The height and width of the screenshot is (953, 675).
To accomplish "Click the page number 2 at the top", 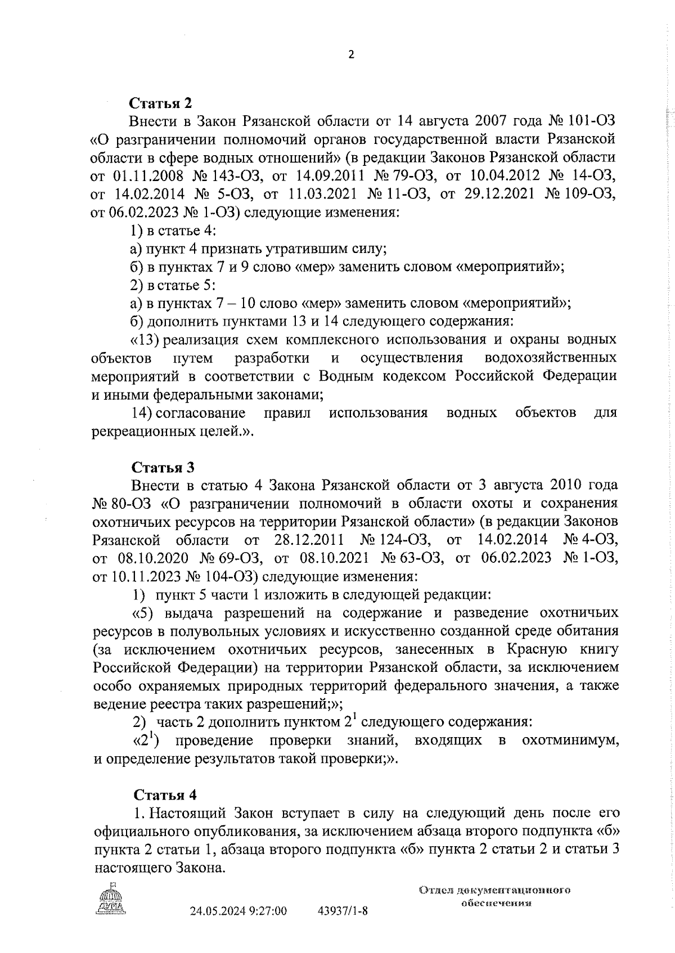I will [352, 55].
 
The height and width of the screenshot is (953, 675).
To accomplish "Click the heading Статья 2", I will [161, 103].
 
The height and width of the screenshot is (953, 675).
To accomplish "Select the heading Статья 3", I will [163, 467].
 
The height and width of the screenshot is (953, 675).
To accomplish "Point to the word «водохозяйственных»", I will [550, 358].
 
